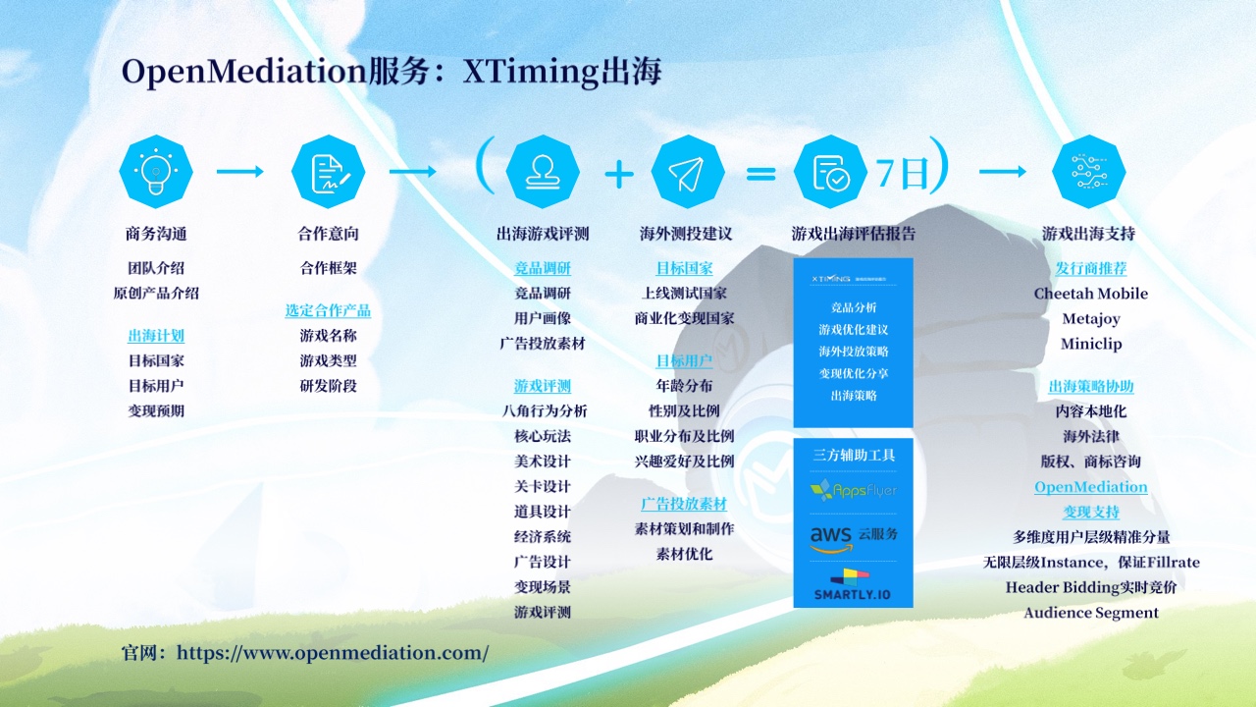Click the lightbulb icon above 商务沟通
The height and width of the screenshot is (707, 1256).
click(155, 172)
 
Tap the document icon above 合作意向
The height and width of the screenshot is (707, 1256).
click(328, 172)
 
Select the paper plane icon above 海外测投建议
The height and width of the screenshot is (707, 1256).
click(687, 172)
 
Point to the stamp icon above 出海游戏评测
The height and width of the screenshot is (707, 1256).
click(542, 172)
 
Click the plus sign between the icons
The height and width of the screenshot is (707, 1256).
click(618, 174)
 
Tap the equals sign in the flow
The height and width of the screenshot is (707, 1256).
click(760, 174)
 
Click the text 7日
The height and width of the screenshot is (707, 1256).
click(902, 173)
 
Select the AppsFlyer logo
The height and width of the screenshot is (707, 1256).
click(853, 489)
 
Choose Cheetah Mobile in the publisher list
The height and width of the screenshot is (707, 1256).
click(1090, 294)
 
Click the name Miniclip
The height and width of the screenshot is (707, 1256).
click(1090, 344)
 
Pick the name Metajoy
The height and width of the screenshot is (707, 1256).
click(1090, 319)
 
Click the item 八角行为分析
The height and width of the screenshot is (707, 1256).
click(542, 411)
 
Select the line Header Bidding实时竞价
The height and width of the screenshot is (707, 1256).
click(1090, 587)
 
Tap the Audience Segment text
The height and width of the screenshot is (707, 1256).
click(1090, 613)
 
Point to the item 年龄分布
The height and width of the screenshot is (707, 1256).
click(684, 386)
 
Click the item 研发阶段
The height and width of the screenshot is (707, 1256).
click(328, 386)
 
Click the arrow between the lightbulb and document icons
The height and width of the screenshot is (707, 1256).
click(240, 172)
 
